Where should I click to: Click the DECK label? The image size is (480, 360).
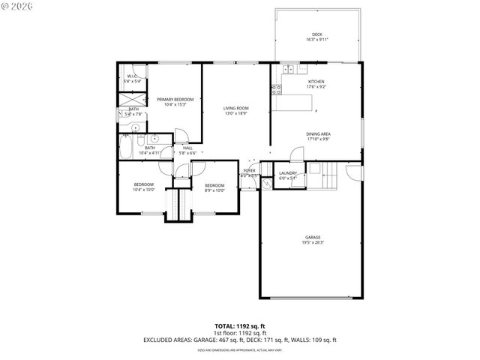click(317, 34)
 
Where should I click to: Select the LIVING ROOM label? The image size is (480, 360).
click(235, 109)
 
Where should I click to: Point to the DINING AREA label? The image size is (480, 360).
click(318, 134)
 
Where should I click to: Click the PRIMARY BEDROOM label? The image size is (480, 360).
click(175, 100)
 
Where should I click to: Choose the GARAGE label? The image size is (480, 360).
click(313, 238)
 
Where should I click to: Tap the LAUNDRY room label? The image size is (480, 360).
click(288, 174)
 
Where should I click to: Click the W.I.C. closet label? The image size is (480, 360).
click(131, 76)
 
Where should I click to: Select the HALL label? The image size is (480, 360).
click(187, 148)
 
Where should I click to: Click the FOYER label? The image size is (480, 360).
click(249, 170)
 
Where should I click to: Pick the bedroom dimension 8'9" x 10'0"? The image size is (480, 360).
click(214, 190)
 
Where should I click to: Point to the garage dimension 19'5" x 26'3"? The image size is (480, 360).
click(313, 243)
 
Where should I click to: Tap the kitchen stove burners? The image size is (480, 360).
click(276, 91)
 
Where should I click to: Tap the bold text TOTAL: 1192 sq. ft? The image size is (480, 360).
click(240, 325)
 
